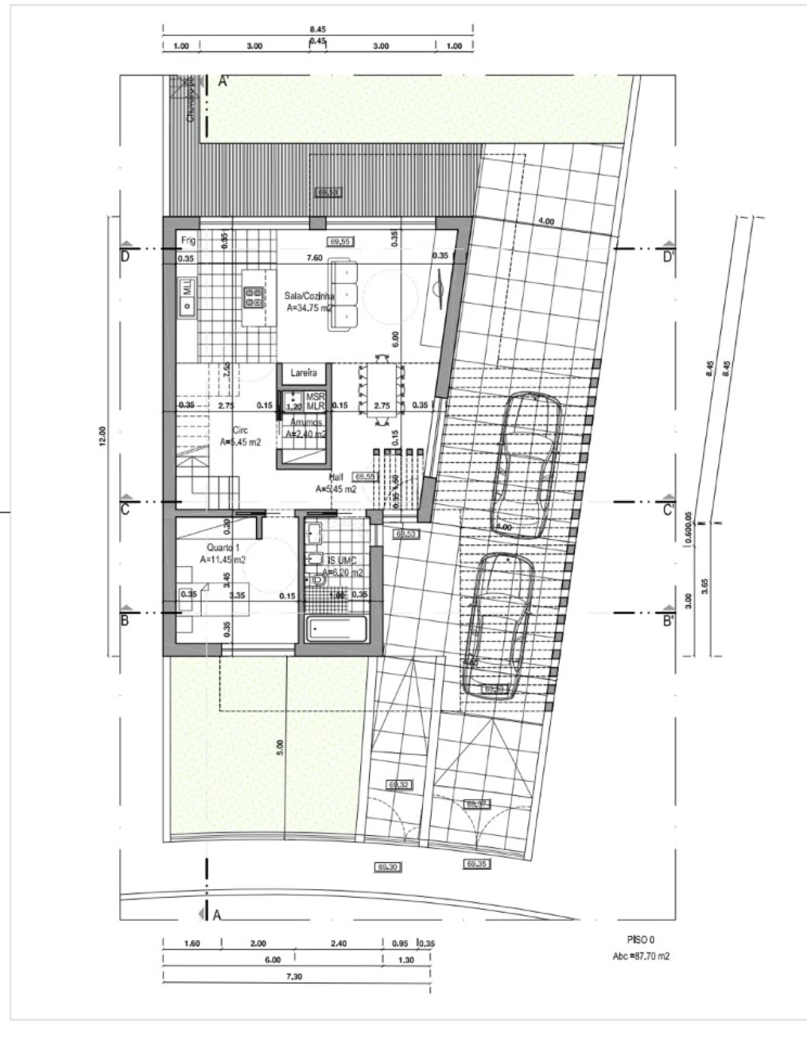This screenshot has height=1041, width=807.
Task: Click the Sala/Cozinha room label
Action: click(x=309, y=295)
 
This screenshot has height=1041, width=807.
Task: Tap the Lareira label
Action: click(x=303, y=373)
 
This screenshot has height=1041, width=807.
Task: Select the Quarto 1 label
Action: click(x=223, y=547)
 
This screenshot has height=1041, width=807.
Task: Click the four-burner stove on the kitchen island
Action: click(x=253, y=297)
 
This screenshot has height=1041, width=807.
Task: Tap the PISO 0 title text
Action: click(x=641, y=939)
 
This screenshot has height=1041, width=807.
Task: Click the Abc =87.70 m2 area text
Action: click(x=641, y=956)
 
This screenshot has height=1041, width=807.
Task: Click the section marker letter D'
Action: click(x=670, y=258)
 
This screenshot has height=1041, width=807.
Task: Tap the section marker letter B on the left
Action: click(x=125, y=620)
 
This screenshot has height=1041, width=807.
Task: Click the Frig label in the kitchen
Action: click(x=189, y=240)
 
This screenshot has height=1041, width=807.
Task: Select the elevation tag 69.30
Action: click(x=388, y=867)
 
